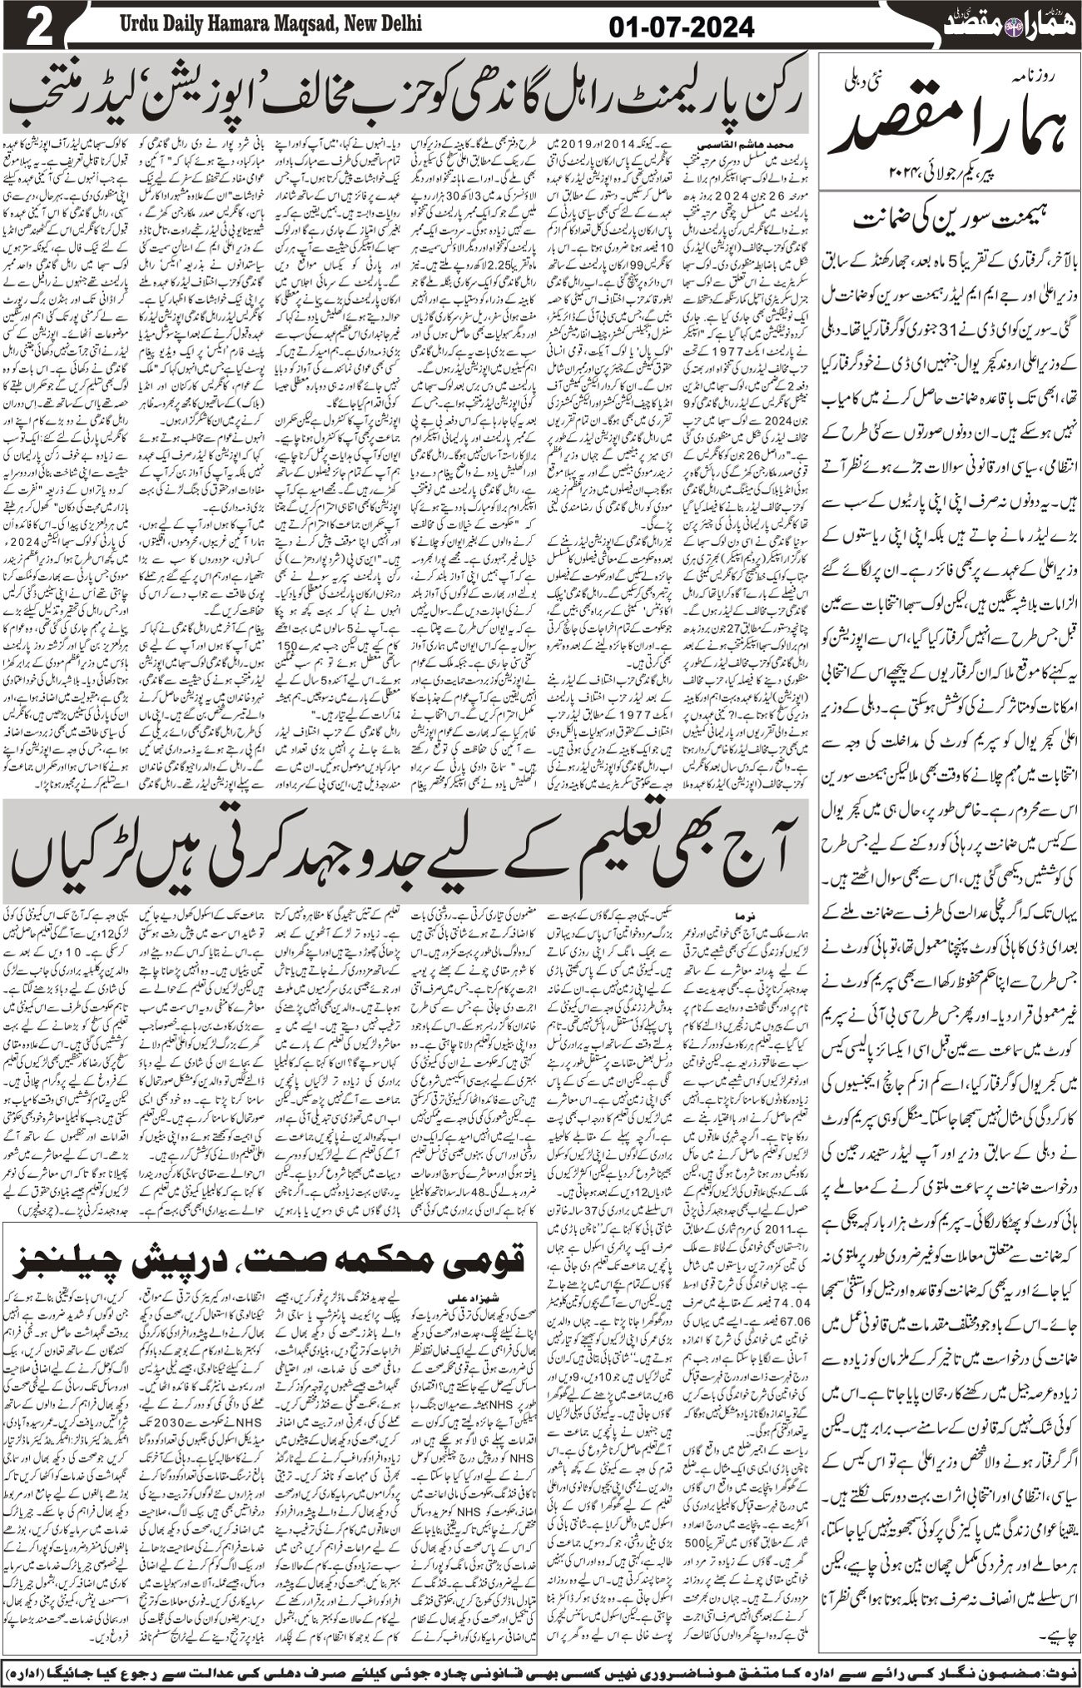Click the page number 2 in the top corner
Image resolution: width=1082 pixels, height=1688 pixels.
click(x=37, y=24)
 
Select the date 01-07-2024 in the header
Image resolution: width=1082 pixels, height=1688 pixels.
click(x=681, y=27)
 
